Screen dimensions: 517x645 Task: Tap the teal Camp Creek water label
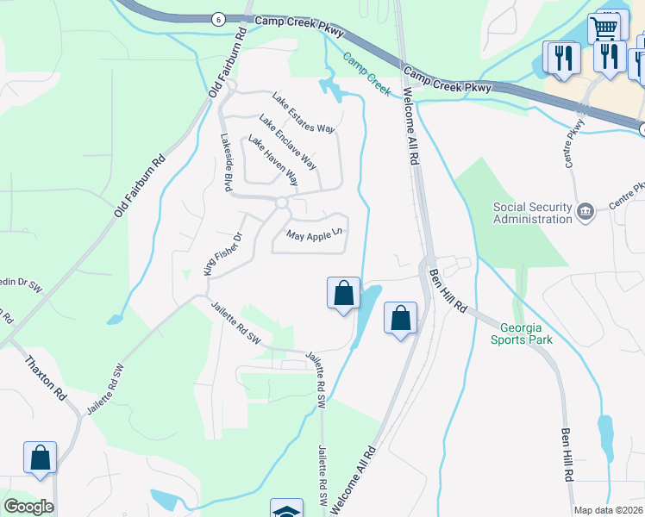tap(367, 72)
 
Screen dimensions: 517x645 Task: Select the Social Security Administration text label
tap(533, 213)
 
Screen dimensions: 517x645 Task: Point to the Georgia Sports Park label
tap(522, 333)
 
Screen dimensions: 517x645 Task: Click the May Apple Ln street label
tap(315, 234)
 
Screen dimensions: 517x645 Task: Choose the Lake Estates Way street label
tap(303, 113)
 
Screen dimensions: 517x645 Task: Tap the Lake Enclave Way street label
tap(288, 141)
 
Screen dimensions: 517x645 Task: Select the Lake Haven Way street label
tap(273, 161)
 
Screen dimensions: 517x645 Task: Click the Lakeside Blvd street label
tap(227, 161)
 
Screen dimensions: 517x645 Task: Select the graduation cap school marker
tap(286, 510)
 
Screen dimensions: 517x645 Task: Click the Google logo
tap(28, 507)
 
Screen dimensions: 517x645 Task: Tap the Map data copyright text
tap(608, 510)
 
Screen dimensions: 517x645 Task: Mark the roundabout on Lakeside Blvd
tap(281, 203)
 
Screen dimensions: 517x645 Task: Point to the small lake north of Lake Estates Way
tap(329, 86)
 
